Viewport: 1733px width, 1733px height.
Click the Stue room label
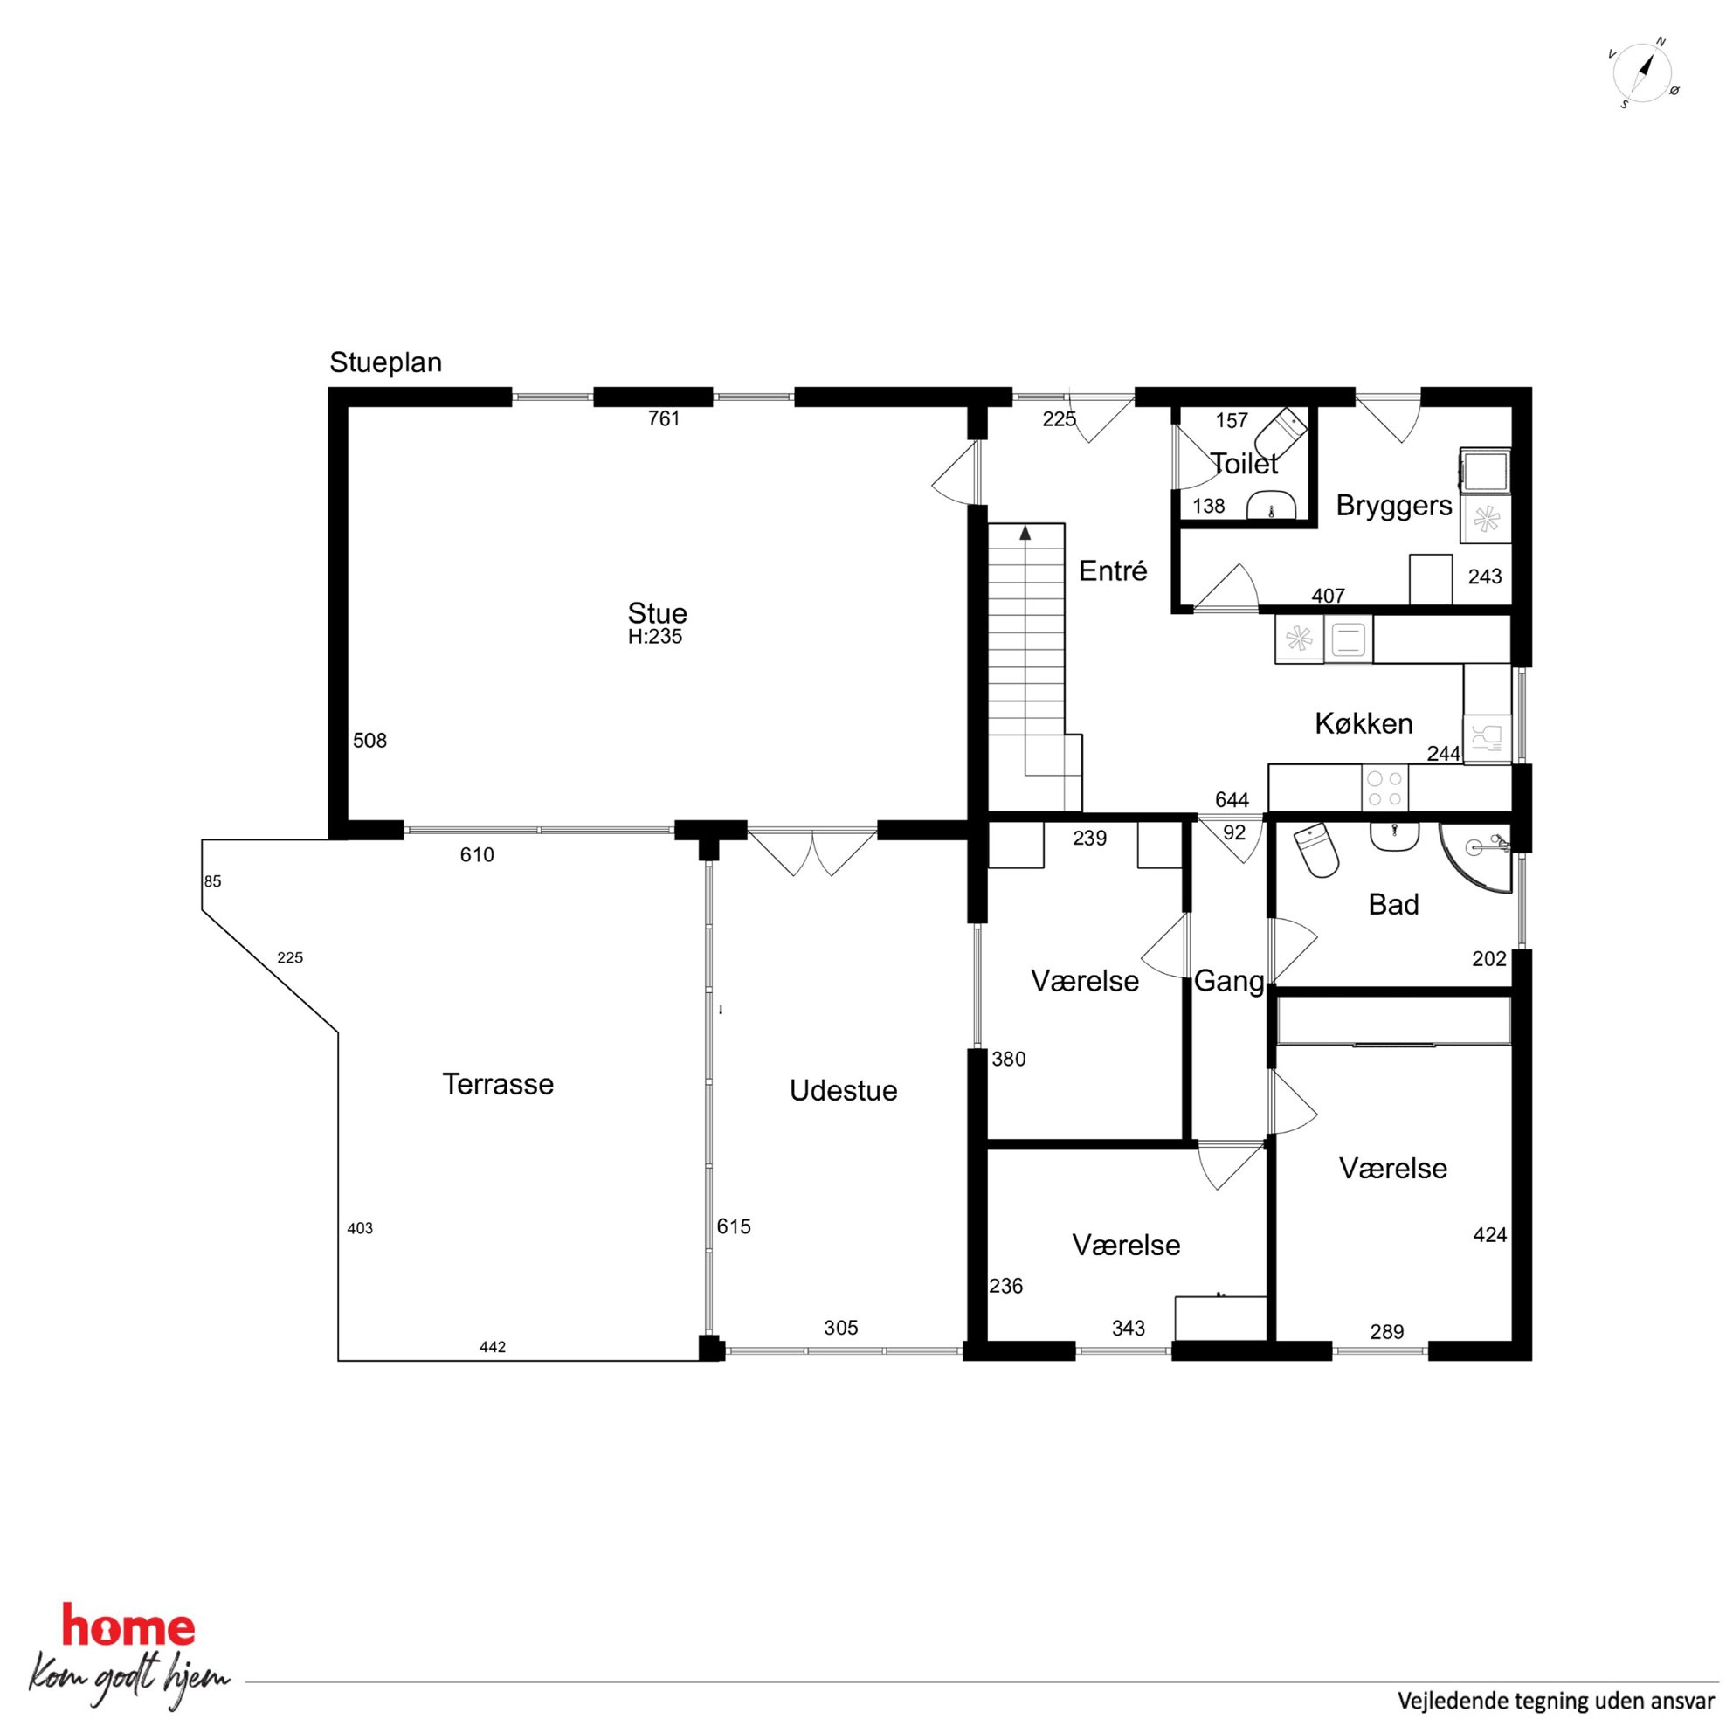click(x=658, y=613)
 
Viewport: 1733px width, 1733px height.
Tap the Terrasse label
click(x=498, y=1085)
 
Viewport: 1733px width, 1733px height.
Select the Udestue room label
click(x=843, y=1091)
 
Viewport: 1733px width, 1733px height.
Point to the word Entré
click(x=1112, y=570)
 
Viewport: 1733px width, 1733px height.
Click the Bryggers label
click(x=1394, y=506)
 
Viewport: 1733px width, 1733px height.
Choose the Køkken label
click(x=1364, y=723)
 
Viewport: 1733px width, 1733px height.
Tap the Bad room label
click(x=1393, y=904)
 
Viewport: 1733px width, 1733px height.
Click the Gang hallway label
click(x=1229, y=981)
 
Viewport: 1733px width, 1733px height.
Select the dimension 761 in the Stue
click(x=664, y=419)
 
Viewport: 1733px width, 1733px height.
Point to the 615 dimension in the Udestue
click(x=734, y=1226)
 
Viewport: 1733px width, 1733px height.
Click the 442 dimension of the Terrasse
click(x=493, y=1346)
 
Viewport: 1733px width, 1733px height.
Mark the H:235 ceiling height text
click(x=655, y=637)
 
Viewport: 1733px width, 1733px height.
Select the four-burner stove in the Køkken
click(x=1384, y=789)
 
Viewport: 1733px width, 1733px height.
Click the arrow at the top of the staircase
click(x=1025, y=533)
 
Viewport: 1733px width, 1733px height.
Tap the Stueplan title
click(x=386, y=362)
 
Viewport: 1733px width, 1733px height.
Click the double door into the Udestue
click(x=812, y=853)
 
